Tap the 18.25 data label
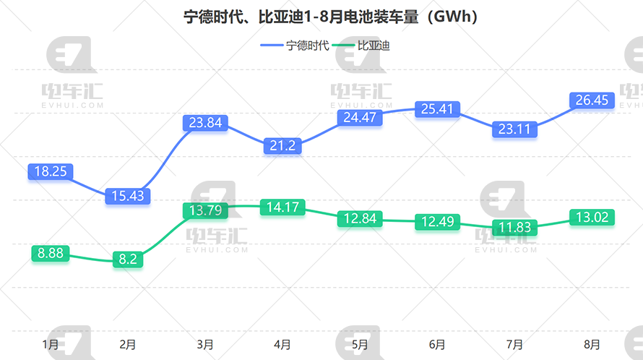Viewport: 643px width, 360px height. click(x=51, y=171)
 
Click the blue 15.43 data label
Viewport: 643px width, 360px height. click(x=127, y=195)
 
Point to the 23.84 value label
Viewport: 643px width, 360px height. click(x=205, y=122)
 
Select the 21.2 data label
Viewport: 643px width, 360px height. click(x=282, y=145)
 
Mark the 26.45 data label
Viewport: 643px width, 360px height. click(x=592, y=100)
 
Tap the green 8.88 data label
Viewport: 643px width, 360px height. click(x=51, y=253)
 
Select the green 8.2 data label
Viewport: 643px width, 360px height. click(x=127, y=260)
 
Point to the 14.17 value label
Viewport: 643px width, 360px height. click(x=282, y=208)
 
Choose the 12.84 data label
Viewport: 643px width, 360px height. click(x=360, y=218)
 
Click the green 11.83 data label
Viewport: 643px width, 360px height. click(x=514, y=228)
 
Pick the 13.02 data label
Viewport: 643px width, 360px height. click(x=592, y=217)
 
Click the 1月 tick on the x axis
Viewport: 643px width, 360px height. click(x=51, y=345)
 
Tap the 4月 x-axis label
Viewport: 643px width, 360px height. click(x=282, y=345)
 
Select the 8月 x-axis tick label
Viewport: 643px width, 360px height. click(x=592, y=345)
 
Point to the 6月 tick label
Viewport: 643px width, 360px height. click(x=437, y=345)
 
